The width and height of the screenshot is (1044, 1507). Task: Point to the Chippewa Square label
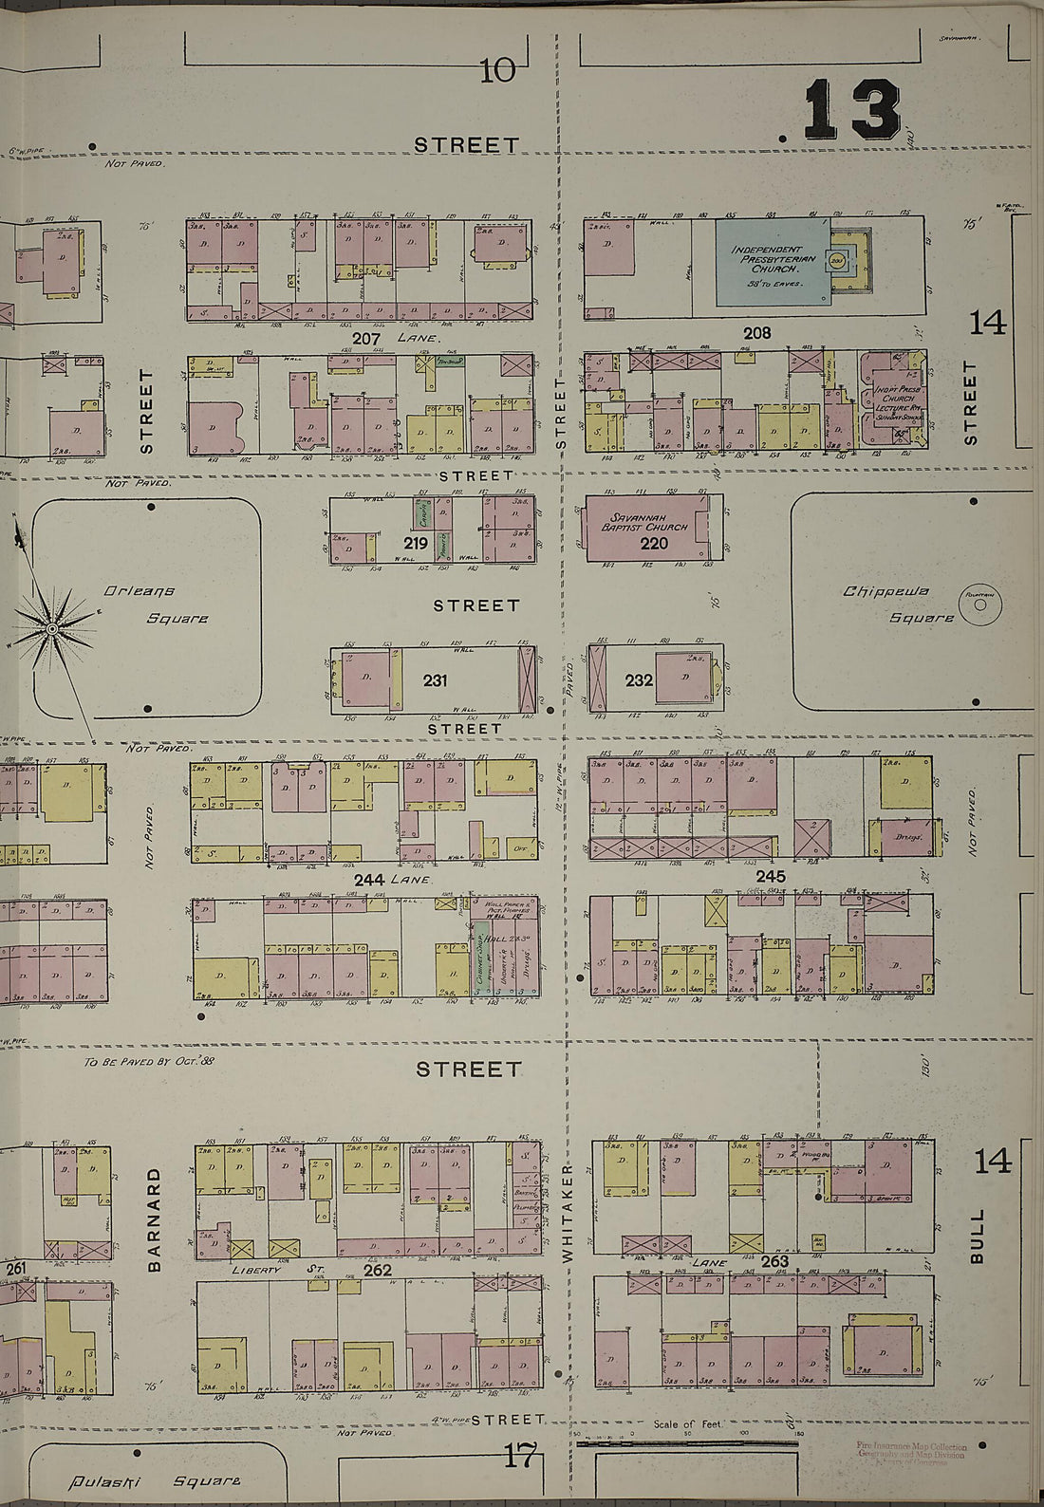[898, 605]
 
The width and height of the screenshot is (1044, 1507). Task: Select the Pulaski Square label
[157, 1479]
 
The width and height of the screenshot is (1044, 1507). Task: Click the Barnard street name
[156, 1219]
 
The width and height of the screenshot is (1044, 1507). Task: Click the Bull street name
[978, 1236]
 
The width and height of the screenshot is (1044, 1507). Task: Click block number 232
[639, 680]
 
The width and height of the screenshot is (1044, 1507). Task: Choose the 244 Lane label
[394, 880]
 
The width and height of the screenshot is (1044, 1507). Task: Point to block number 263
[774, 1261]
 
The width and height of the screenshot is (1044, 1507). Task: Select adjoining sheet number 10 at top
[497, 71]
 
